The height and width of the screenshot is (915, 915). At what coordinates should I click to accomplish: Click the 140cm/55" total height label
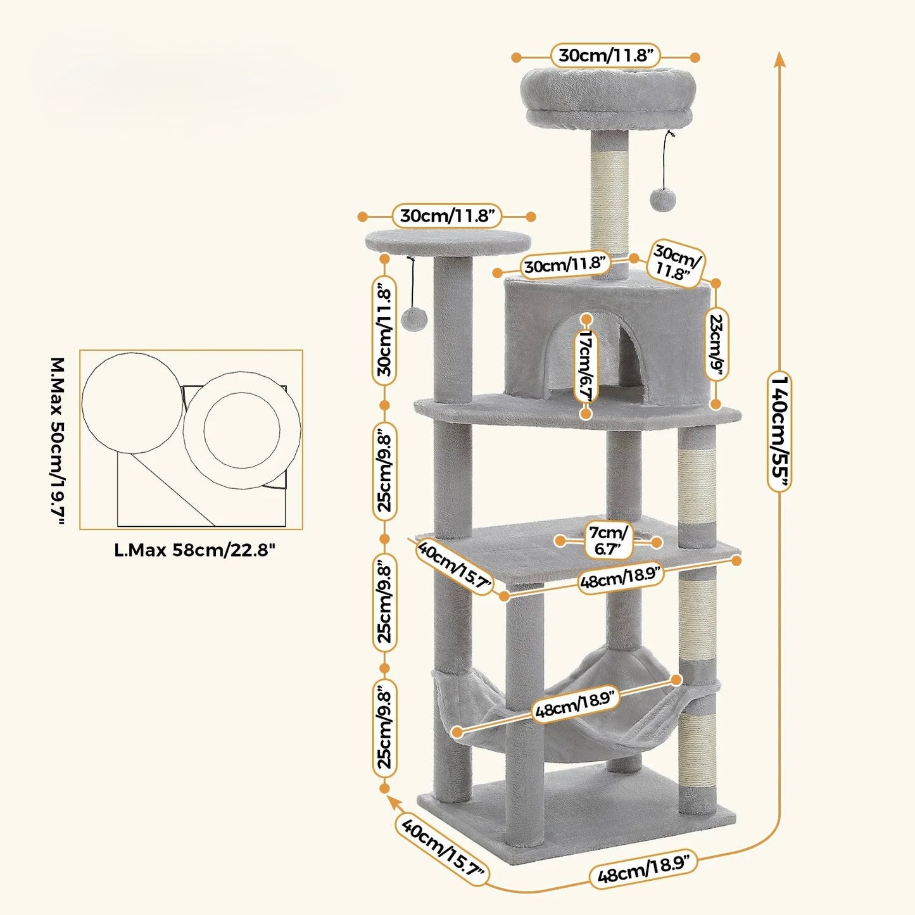[779, 432]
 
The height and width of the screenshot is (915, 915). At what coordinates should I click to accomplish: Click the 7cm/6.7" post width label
[608, 541]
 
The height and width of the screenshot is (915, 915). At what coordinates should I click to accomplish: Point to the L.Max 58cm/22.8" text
[195, 550]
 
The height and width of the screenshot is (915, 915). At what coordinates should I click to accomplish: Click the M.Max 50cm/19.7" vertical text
[58, 441]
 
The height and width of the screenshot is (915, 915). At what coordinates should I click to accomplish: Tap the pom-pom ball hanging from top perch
[662, 199]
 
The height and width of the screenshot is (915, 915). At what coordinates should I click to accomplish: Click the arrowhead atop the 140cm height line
[779, 60]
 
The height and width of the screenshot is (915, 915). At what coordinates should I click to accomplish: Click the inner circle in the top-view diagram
[242, 430]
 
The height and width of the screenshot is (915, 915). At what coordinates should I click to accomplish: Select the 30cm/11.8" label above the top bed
[606, 56]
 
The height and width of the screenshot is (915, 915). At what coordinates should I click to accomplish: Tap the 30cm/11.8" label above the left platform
[447, 216]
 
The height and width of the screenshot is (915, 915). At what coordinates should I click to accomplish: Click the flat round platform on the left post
[448, 241]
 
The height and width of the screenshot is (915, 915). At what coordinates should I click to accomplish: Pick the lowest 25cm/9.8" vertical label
[385, 728]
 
